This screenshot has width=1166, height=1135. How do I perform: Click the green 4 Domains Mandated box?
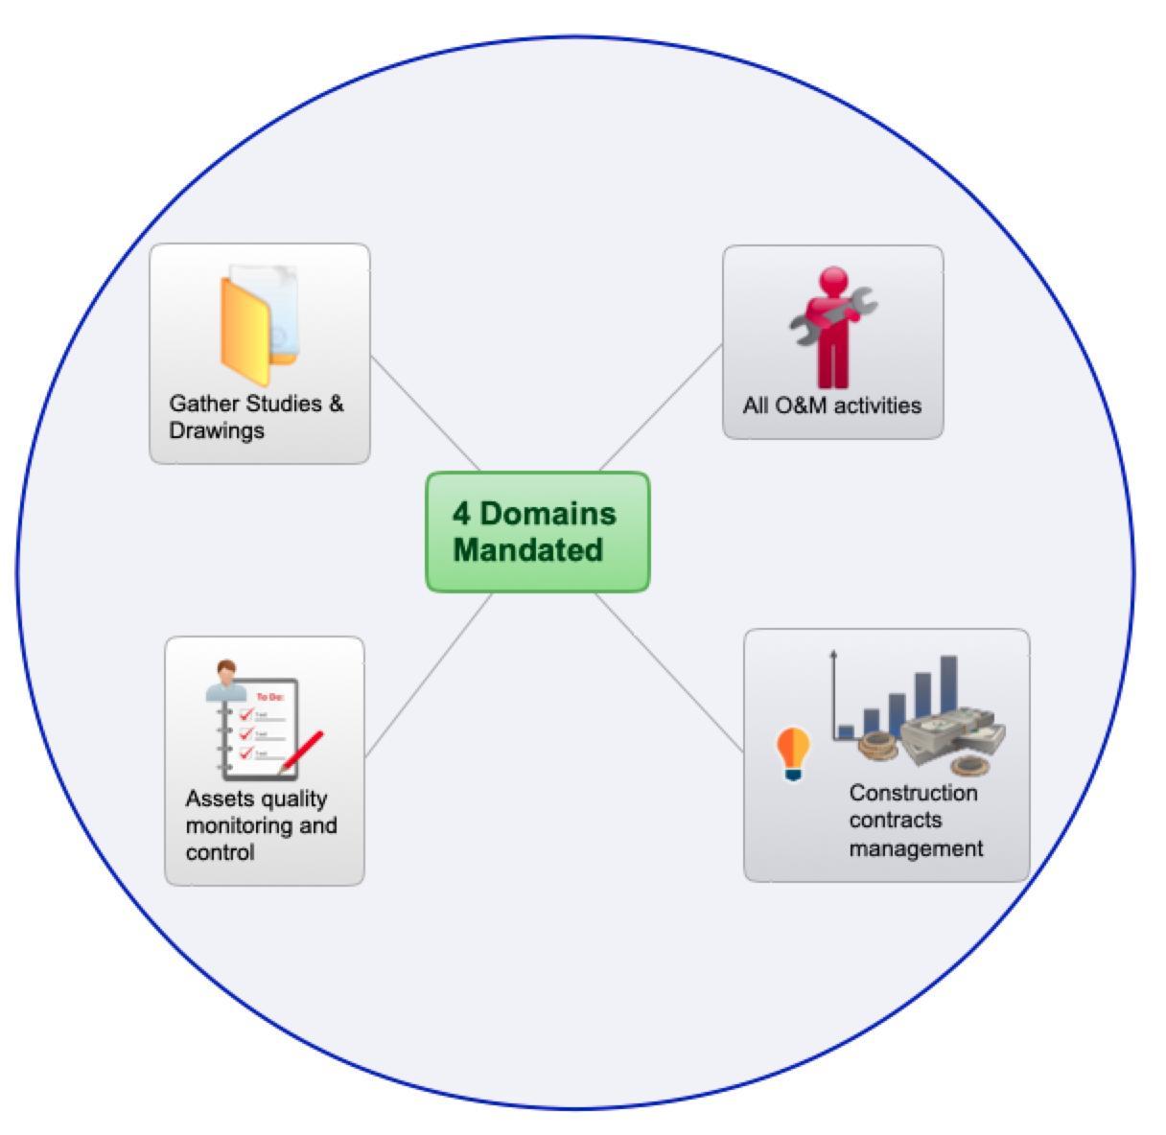(537, 531)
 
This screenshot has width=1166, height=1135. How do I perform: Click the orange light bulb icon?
(792, 752)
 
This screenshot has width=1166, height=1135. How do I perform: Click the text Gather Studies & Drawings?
(255, 417)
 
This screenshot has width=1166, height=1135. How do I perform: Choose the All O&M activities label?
(831, 405)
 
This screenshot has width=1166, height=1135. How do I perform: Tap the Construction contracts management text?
(915, 821)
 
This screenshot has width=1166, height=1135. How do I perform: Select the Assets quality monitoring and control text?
(261, 825)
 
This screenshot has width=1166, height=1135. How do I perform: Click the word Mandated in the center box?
(527, 550)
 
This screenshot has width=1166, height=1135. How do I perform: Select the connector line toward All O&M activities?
(661, 406)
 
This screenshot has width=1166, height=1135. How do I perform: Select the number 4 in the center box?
(462, 514)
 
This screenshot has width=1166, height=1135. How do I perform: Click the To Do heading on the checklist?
(269, 697)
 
